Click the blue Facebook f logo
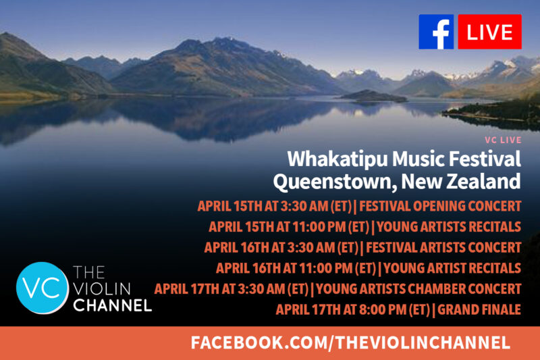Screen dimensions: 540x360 click(436, 32)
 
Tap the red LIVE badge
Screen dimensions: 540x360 click(490, 32)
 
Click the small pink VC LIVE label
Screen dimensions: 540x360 click(503, 140)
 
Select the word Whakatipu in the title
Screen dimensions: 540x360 click(337, 159)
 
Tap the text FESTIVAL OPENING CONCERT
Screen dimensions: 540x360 click(440, 206)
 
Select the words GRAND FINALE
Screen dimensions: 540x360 click(479, 309)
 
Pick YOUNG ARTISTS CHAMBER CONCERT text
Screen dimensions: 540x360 click(418, 288)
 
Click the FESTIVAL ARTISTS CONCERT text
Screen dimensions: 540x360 click(443, 247)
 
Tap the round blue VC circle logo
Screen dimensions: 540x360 click(42, 288)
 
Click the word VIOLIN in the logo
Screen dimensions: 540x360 click(102, 288)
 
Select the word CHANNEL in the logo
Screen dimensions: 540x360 click(112, 305)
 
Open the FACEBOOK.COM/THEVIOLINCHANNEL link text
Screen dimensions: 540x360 click(350, 342)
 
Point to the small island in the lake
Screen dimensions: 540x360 click(374, 96)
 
